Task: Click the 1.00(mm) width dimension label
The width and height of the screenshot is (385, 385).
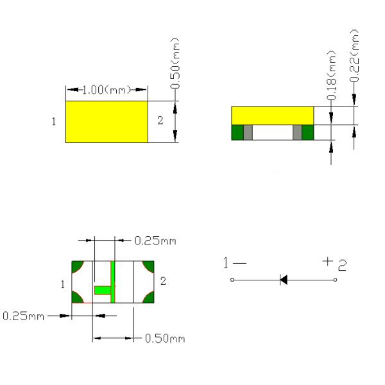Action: [106, 90]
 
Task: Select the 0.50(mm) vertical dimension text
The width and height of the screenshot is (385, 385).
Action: [175, 63]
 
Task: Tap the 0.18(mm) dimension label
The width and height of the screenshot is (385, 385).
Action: [331, 75]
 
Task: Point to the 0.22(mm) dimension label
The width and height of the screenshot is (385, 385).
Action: [354, 55]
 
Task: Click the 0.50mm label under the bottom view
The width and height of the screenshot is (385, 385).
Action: [165, 338]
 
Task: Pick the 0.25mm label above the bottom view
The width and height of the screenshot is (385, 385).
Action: [155, 241]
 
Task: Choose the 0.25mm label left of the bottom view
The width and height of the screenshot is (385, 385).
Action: [23, 316]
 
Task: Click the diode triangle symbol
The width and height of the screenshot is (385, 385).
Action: [284, 280]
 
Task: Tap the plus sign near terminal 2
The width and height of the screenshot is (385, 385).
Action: [327, 261]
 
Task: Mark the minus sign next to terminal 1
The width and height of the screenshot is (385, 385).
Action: [239, 263]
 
